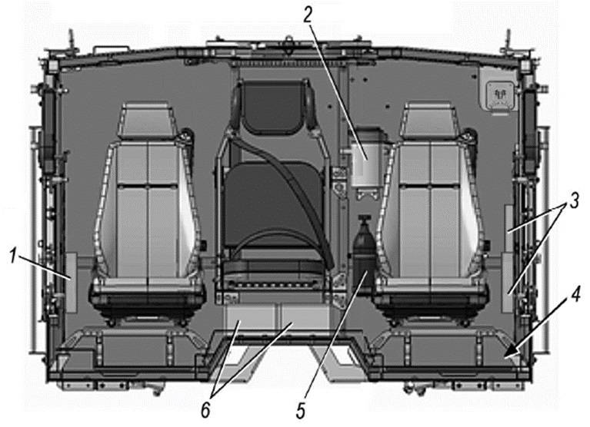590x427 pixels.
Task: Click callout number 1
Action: [14, 257]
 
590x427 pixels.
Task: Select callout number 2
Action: [308, 15]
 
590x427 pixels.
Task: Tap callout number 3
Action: [574, 201]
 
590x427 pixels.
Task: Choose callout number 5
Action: [300, 411]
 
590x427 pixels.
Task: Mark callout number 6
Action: [205, 411]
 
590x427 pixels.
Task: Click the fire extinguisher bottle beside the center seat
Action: [364, 251]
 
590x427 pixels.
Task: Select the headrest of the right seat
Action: [429, 119]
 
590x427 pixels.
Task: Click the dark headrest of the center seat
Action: [274, 106]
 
